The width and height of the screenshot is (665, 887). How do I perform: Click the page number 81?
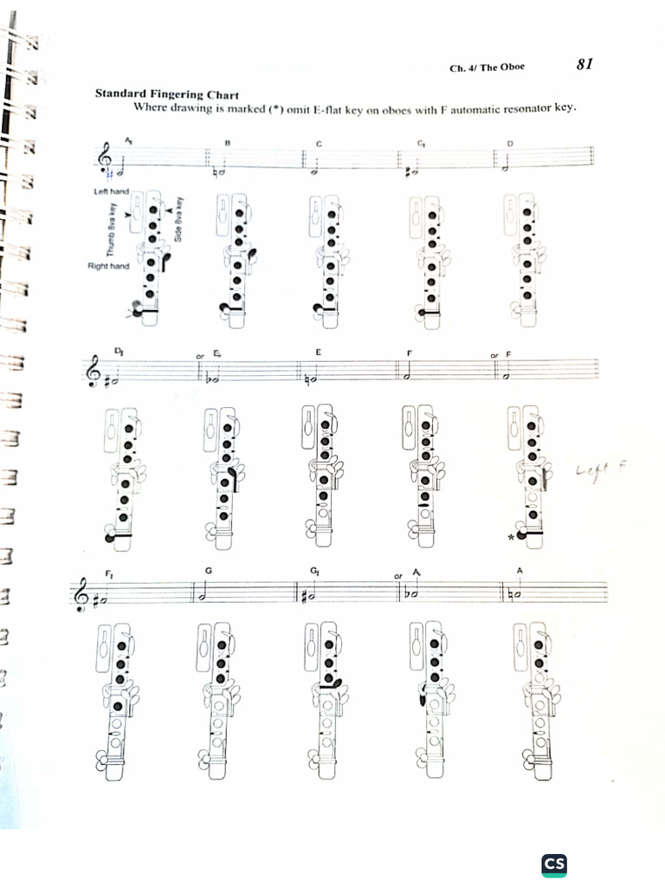(584, 64)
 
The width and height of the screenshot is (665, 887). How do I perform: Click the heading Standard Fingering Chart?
(167, 94)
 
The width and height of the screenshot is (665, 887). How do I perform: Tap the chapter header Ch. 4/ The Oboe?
(487, 68)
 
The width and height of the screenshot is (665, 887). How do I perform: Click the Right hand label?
(108, 266)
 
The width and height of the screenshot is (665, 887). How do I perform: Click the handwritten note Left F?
(600, 470)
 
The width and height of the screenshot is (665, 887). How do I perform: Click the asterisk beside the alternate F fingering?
(512, 538)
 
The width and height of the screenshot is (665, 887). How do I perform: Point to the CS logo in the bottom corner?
(554, 864)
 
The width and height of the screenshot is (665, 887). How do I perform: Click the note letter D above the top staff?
(510, 143)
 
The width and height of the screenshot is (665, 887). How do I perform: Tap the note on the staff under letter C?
(314, 171)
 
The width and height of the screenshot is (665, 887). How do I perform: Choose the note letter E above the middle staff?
(318, 352)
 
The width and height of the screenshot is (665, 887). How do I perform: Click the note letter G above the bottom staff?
(208, 570)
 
